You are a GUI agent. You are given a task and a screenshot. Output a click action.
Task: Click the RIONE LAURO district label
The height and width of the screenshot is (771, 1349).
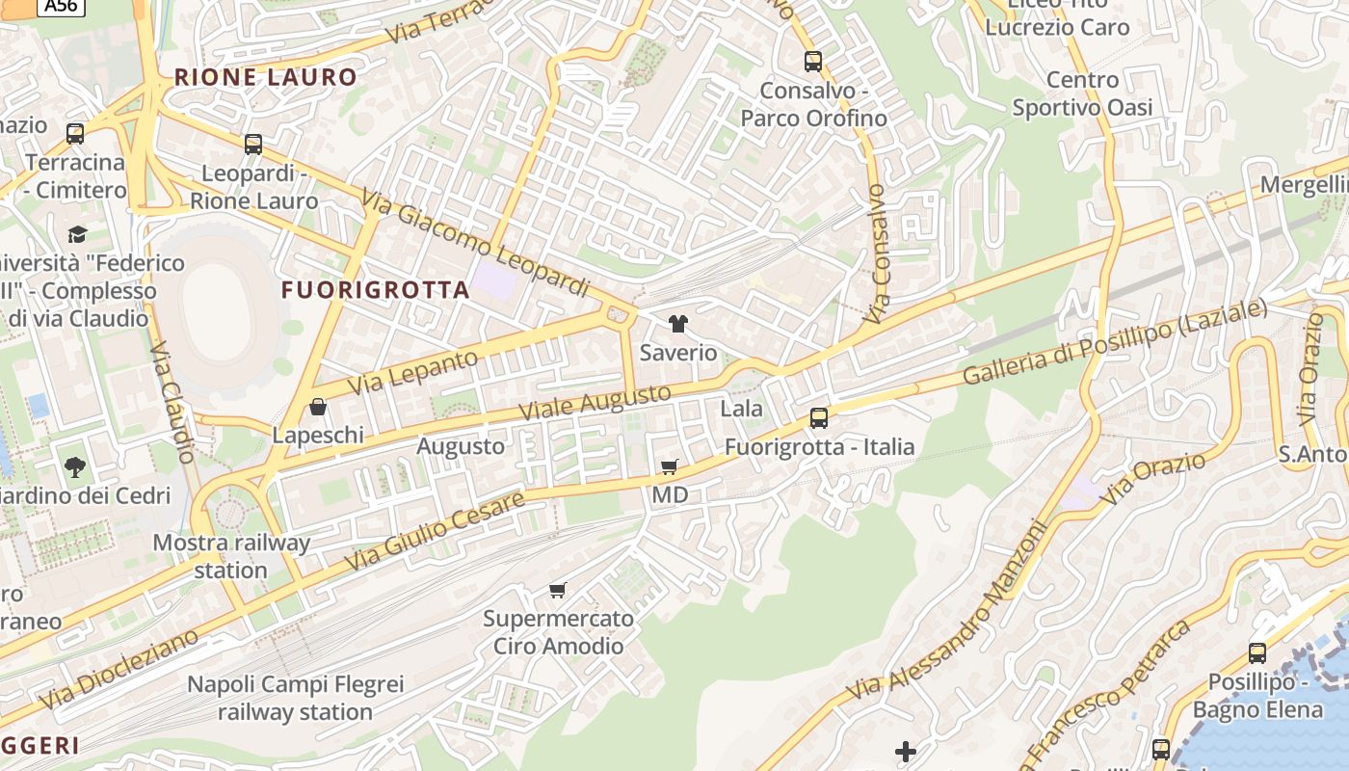point(265,77)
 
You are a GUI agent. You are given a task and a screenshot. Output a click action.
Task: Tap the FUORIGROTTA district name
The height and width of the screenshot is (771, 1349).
point(376,289)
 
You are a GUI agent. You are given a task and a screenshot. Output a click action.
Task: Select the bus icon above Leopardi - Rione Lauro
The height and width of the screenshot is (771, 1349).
point(253,145)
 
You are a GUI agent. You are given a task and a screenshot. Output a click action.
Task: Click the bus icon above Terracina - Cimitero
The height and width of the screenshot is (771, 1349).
point(75,134)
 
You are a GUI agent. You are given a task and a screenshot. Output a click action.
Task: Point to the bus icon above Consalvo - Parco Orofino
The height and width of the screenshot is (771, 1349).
point(813,62)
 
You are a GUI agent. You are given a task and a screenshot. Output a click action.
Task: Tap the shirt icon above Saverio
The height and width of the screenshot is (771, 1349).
point(678,324)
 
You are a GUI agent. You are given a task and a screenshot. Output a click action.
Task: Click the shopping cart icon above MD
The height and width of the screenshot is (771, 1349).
point(670,466)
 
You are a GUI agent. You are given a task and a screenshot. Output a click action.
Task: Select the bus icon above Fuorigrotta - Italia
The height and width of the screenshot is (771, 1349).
point(819,418)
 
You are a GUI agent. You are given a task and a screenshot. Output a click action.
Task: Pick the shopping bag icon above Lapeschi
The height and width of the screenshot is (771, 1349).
point(318,407)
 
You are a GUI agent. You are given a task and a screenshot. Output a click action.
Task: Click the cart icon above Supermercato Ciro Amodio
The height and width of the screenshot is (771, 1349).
point(558,590)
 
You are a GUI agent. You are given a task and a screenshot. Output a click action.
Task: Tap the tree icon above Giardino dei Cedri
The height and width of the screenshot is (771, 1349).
point(75,468)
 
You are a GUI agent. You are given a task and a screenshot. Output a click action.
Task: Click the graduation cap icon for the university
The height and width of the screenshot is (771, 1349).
point(77,234)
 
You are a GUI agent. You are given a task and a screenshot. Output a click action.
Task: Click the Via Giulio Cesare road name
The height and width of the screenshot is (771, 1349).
point(435,529)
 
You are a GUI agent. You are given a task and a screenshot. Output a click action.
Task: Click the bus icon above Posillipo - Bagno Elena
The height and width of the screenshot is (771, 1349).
point(1257,653)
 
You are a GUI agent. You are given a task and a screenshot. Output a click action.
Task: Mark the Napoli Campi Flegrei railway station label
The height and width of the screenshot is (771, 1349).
point(295,699)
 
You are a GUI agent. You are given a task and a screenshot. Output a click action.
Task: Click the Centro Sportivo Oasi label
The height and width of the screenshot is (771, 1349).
point(1082,93)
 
